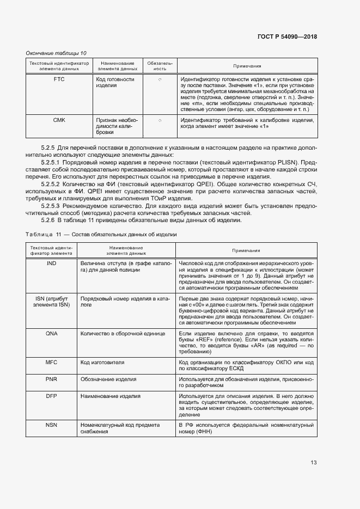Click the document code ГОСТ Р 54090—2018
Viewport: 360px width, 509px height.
(x=286, y=37)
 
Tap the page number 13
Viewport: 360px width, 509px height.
(x=314, y=463)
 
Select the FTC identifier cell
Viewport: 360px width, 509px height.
(x=59, y=79)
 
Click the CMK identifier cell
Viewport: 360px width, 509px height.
(x=59, y=119)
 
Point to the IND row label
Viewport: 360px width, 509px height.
(x=51, y=263)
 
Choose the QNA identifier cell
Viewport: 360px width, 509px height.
(x=51, y=333)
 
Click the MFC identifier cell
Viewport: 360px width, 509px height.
(x=51, y=362)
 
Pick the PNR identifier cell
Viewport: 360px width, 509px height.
(x=51, y=379)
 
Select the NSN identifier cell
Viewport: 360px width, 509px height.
(x=51, y=425)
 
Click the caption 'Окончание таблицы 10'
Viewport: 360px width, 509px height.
(x=56, y=53)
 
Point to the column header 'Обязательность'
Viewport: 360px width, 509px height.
(x=160, y=66)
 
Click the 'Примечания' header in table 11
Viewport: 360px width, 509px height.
(x=246, y=250)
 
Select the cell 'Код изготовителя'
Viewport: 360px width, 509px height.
(x=102, y=362)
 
